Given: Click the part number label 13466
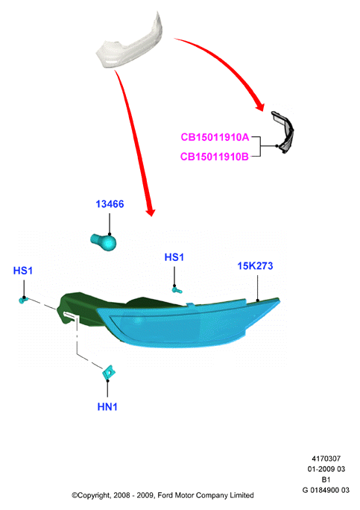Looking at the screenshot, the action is (110, 204).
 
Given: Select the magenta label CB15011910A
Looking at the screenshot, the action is (215, 137).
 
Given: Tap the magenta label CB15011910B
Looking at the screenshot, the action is (215, 157).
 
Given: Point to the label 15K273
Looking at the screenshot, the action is (255, 265).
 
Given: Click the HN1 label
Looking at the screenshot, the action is (107, 406).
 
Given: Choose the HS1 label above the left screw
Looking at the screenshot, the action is (23, 271).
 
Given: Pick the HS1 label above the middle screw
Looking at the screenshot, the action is (174, 257).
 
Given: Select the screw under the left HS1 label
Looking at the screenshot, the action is (23, 300).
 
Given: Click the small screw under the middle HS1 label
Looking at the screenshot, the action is (177, 289).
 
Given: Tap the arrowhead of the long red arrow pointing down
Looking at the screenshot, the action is (151, 212).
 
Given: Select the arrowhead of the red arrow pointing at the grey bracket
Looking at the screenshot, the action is (259, 107).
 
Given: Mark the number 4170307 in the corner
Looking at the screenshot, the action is (326, 459).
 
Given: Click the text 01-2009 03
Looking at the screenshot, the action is (326, 469).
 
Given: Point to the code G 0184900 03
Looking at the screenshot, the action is (326, 490).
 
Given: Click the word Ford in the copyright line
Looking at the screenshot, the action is (165, 495).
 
